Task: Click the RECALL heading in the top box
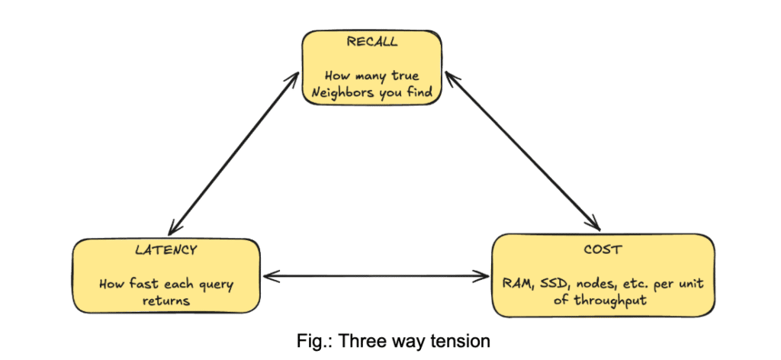(x=372, y=42)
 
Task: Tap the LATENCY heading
(x=166, y=250)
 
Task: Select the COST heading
(x=604, y=249)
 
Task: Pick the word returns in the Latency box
(x=166, y=301)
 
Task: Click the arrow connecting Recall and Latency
(x=234, y=153)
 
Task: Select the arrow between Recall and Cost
(x=522, y=150)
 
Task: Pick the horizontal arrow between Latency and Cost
(x=376, y=276)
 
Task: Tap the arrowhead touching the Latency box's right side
(x=269, y=276)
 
